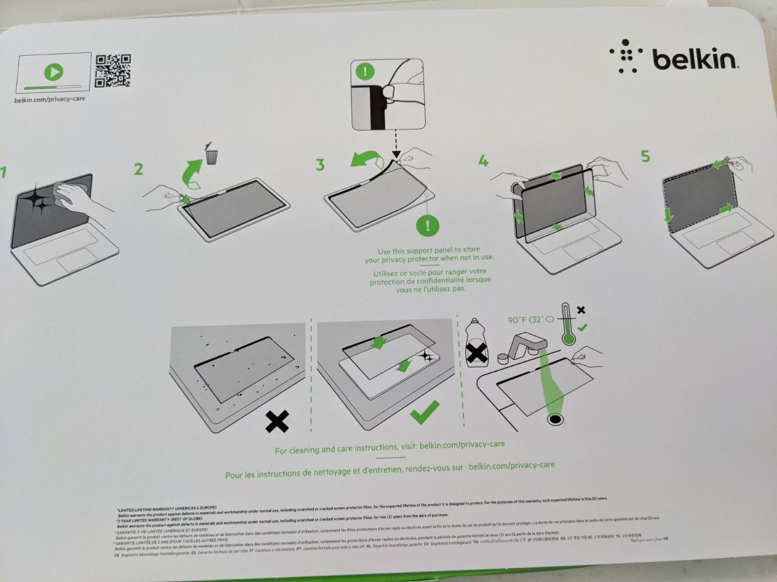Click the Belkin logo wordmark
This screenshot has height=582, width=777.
coord(694,59)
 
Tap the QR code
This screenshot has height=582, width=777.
coord(113,71)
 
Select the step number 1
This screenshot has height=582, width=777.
coord(3,172)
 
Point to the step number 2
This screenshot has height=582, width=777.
coord(138,169)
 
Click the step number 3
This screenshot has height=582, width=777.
coord(320,164)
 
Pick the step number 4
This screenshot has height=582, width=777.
coord(483,161)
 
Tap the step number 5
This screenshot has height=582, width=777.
coord(645,156)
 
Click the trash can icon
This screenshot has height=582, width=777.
coord(211,155)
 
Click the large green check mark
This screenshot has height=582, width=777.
coord(424,413)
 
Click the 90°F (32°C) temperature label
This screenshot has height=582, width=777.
coord(531,319)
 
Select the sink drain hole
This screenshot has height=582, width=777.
coord(554,419)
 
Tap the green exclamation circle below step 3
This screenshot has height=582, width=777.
coord(428,226)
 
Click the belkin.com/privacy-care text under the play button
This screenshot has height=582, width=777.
coord(50,99)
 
